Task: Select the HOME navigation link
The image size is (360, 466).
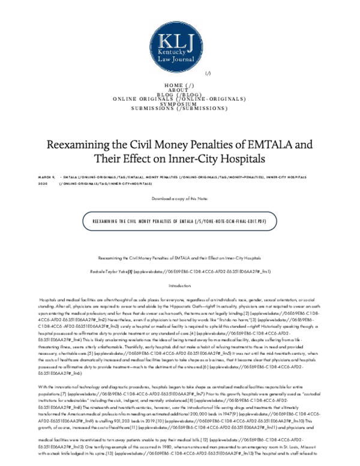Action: coord(179,85)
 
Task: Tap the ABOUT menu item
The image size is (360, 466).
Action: coord(179,90)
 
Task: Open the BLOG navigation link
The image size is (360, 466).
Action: coord(179,94)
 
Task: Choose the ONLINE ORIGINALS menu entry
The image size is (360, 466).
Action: coord(179,99)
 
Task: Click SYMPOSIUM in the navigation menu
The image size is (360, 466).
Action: coord(179,104)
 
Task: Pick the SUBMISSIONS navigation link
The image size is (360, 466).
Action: coord(179,109)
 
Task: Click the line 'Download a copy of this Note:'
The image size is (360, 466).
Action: coord(179,198)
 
